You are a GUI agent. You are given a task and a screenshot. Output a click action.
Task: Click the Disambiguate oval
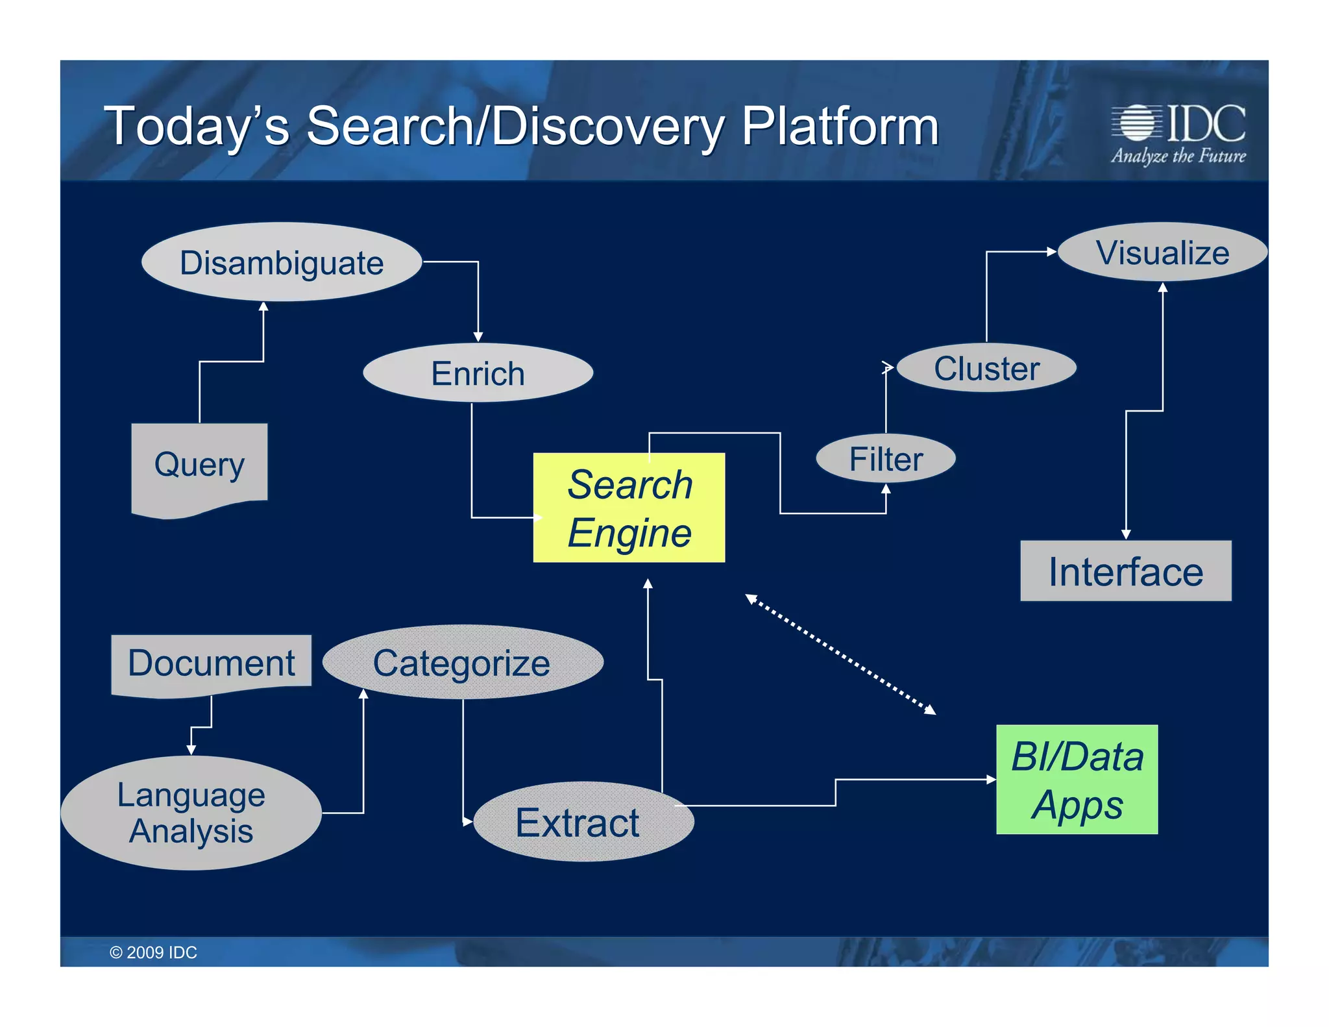[x=282, y=262]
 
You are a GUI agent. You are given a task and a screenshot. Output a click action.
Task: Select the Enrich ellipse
[x=478, y=373]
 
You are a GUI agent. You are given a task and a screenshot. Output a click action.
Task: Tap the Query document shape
[x=199, y=465]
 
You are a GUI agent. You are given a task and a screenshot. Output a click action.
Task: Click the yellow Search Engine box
[x=629, y=508]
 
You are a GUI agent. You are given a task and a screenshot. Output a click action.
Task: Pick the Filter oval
[x=885, y=459]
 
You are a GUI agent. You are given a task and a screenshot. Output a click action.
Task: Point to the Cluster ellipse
[x=986, y=368]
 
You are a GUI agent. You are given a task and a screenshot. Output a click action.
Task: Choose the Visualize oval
[x=1162, y=253]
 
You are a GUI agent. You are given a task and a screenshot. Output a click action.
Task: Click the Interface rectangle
[x=1125, y=571]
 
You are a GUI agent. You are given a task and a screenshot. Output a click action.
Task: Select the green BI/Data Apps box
[x=1077, y=780]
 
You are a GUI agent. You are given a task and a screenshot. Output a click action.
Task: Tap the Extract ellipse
[x=583, y=822]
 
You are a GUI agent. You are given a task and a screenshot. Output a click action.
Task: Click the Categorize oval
[x=462, y=663]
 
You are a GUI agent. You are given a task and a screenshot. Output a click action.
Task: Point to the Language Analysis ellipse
[x=191, y=813]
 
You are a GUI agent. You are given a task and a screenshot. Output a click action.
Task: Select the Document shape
[x=211, y=663]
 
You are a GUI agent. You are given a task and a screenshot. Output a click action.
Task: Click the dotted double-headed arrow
[x=840, y=654]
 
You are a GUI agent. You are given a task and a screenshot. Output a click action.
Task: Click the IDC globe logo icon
[x=1136, y=122]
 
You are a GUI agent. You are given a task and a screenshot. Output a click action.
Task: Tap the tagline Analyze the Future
[x=1178, y=156]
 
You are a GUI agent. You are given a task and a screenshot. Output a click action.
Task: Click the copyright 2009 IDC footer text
[x=153, y=952]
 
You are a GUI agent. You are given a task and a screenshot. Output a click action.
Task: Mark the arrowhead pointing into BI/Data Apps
[x=991, y=779]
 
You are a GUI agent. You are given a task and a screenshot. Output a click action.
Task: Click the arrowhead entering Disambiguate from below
[x=263, y=306]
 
